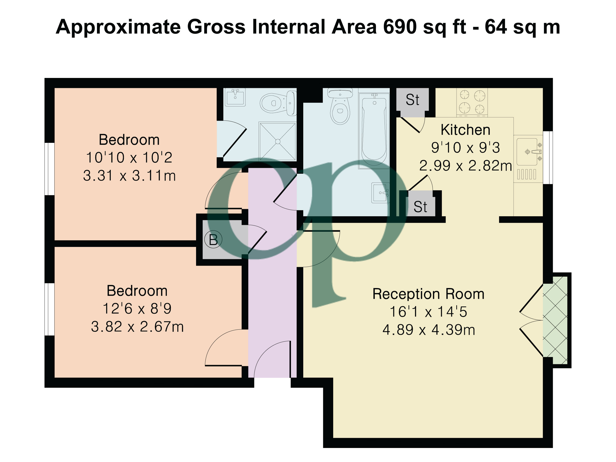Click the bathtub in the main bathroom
pyautogui.click(x=374, y=131)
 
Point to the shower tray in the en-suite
pyautogui.click(x=277, y=141)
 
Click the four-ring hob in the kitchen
pyautogui.click(x=472, y=102)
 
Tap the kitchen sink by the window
pyautogui.click(x=527, y=152)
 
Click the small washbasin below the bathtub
pyautogui.click(x=380, y=193)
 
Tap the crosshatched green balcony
pyautogui.click(x=555, y=320)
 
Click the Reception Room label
pyautogui.click(x=428, y=294)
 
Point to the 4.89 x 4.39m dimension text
pyautogui.click(x=428, y=330)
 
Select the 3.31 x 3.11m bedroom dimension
pyautogui.click(x=129, y=176)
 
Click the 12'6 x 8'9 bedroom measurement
pyautogui.click(x=137, y=308)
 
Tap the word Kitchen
pyautogui.click(x=465, y=130)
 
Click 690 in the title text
pyautogui.click(x=400, y=27)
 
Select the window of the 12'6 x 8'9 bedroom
pyautogui.click(x=50, y=309)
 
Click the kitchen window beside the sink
pyautogui.click(x=548, y=158)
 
